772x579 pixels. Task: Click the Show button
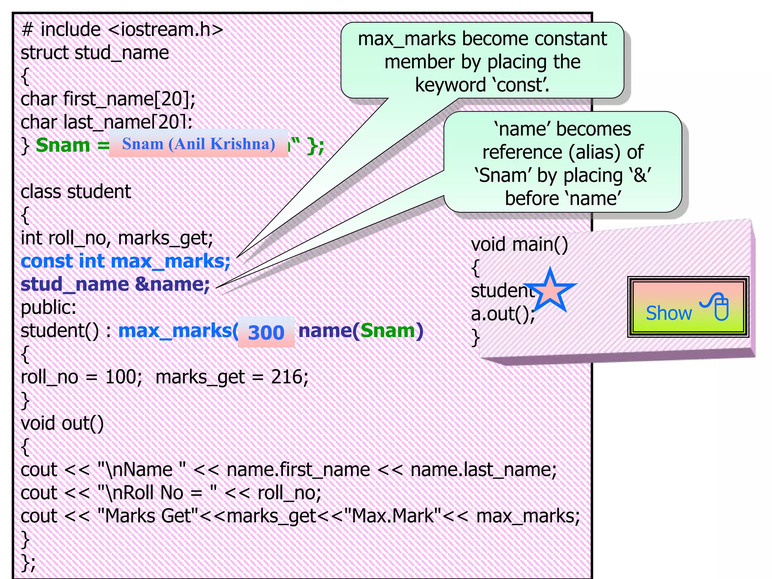tap(688, 307)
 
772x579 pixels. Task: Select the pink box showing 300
tap(266, 332)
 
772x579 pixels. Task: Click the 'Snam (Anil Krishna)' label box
tap(199, 144)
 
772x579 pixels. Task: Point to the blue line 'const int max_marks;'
tap(125, 261)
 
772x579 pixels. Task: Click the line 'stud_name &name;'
tap(115, 284)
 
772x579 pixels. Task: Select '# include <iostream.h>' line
tap(122, 29)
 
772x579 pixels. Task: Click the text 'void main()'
tap(519, 244)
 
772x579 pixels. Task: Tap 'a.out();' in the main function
tap(502, 314)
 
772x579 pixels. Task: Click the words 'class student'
tap(75, 191)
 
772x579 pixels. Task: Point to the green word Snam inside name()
tap(388, 331)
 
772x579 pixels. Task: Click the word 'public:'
tap(48, 308)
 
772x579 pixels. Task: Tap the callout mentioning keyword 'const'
tap(482, 61)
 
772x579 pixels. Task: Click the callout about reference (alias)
tap(562, 163)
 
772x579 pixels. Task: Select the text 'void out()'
tap(62, 423)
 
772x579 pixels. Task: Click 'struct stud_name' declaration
tap(95, 53)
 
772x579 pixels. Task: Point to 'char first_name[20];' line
tap(108, 99)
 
